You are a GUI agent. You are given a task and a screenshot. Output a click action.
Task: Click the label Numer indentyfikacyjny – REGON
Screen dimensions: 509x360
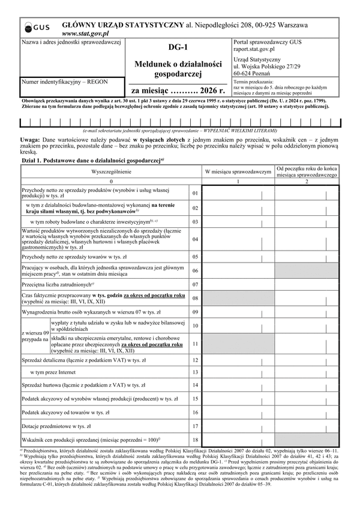[x=62, y=80]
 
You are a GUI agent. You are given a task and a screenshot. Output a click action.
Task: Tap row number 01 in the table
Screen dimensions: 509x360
[x=195, y=193]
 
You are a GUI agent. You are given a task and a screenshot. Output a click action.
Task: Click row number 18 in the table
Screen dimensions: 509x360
[x=195, y=441]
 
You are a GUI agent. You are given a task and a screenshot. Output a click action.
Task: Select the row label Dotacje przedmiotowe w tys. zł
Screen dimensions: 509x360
[x=56, y=426]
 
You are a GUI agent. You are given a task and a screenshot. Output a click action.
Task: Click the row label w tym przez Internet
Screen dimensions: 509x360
[x=53, y=372]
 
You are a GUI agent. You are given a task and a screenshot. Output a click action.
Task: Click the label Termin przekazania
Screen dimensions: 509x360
[x=254, y=81]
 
